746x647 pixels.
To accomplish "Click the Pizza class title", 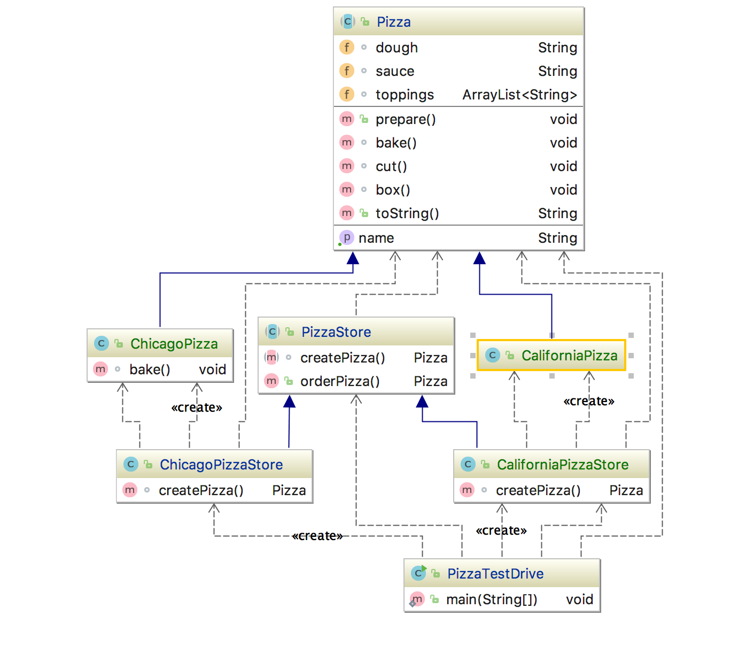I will tap(393, 22).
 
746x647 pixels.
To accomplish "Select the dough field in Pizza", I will tap(397, 48).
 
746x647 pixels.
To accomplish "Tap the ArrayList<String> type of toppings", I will tap(519, 95).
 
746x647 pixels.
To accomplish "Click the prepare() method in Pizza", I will tap(406, 119).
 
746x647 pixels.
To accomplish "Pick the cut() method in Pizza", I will tap(391, 166).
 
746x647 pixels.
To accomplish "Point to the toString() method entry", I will tap(407, 213).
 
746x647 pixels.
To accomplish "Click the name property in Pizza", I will tap(376, 238).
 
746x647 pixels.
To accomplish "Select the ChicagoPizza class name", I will tap(174, 344).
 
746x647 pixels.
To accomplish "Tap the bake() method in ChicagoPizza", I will tap(150, 369).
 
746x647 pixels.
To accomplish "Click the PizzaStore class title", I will tap(336, 332).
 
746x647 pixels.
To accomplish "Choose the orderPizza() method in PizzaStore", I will tap(340, 381).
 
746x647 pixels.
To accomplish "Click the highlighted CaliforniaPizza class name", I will tap(569, 356).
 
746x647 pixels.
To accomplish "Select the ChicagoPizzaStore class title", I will tap(221, 465).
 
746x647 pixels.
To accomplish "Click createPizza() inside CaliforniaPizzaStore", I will tap(538, 490).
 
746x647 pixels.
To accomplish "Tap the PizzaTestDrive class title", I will tap(495, 574).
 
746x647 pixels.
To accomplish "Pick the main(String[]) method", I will tap(492, 599).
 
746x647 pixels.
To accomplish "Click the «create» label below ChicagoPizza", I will tap(197, 407).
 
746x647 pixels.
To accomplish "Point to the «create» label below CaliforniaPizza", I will tap(589, 401).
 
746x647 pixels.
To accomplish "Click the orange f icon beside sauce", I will tap(347, 71).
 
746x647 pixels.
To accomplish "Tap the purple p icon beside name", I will tap(347, 237).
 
